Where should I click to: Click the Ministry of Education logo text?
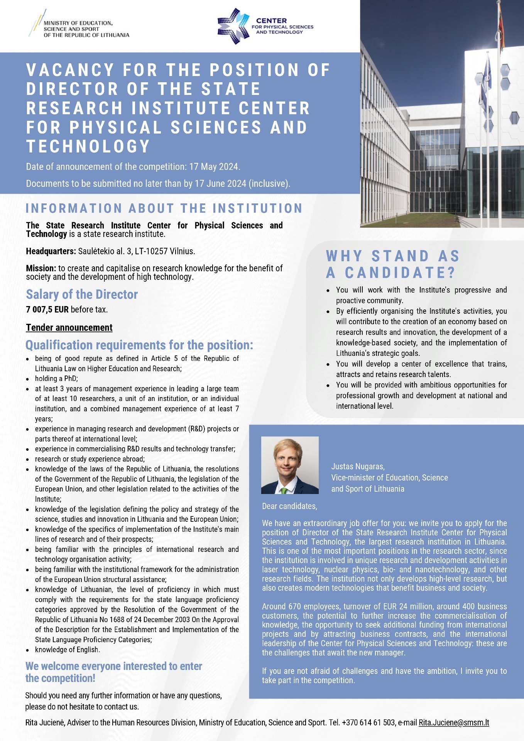coord(86,29)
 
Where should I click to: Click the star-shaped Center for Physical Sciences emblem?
coord(233,26)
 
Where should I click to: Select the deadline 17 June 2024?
coord(220,183)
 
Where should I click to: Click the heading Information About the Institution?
coord(164,208)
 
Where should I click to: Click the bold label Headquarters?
coord(51,251)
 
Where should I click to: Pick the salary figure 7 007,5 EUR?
coord(47,310)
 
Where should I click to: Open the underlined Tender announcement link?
coord(69,328)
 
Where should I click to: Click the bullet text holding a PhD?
coord(56,379)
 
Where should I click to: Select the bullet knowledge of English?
coord(68,650)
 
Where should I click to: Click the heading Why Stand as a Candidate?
coord(393,264)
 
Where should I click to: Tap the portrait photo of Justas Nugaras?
coord(290,465)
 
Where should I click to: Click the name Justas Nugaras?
coord(358,467)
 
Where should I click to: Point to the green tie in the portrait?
coord(284,491)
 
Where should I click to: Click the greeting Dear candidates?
coord(289,506)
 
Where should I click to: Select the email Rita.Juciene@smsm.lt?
coord(454,722)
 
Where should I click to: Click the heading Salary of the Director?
coord(82,294)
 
